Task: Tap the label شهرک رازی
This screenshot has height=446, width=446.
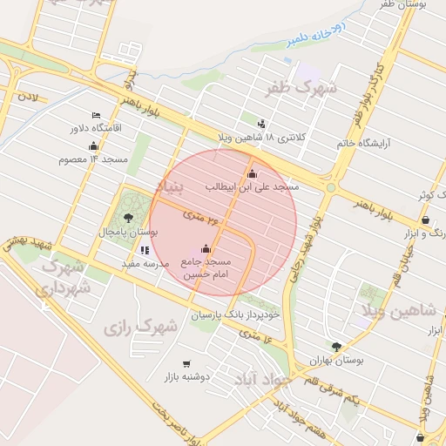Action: point(140,328)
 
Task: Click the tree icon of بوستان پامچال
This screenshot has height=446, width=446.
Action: point(129,218)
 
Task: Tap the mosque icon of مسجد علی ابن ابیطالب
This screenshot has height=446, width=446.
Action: point(253,173)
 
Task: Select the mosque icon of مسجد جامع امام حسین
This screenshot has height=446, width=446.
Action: point(206,248)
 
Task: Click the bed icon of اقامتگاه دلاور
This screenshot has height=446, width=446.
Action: point(96,115)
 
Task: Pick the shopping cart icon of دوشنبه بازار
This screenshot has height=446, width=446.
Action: point(186,363)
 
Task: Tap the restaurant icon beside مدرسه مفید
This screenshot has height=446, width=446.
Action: point(145,250)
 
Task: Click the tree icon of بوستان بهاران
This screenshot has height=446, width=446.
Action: point(336,346)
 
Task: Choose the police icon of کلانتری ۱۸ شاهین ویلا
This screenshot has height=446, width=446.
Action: point(261,124)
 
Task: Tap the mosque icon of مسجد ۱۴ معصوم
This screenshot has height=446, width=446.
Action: point(94,145)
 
